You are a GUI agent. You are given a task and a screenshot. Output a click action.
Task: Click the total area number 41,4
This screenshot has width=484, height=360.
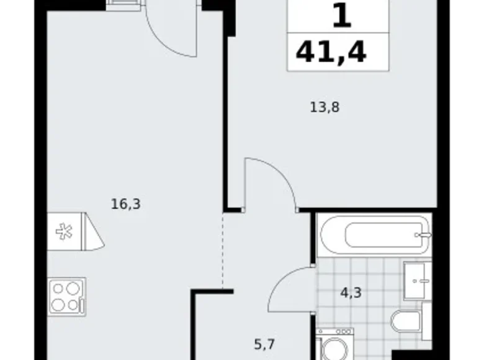[x=331, y=53]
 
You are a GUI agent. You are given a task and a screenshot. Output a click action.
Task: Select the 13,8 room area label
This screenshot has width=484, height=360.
[x=325, y=107]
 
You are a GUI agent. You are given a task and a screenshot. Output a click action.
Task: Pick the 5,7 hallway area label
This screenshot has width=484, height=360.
[x=265, y=343]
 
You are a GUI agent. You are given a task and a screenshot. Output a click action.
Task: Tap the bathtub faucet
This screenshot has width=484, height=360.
[x=424, y=235]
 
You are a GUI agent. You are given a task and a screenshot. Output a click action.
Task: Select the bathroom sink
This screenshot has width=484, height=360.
[x=416, y=281]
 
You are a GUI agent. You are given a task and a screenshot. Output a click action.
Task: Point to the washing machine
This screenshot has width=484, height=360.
[x=335, y=344]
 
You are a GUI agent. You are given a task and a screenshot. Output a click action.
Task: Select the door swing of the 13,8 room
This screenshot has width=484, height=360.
[x=271, y=182]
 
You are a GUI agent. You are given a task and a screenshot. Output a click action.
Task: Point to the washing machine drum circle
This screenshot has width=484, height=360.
[x=336, y=348]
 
